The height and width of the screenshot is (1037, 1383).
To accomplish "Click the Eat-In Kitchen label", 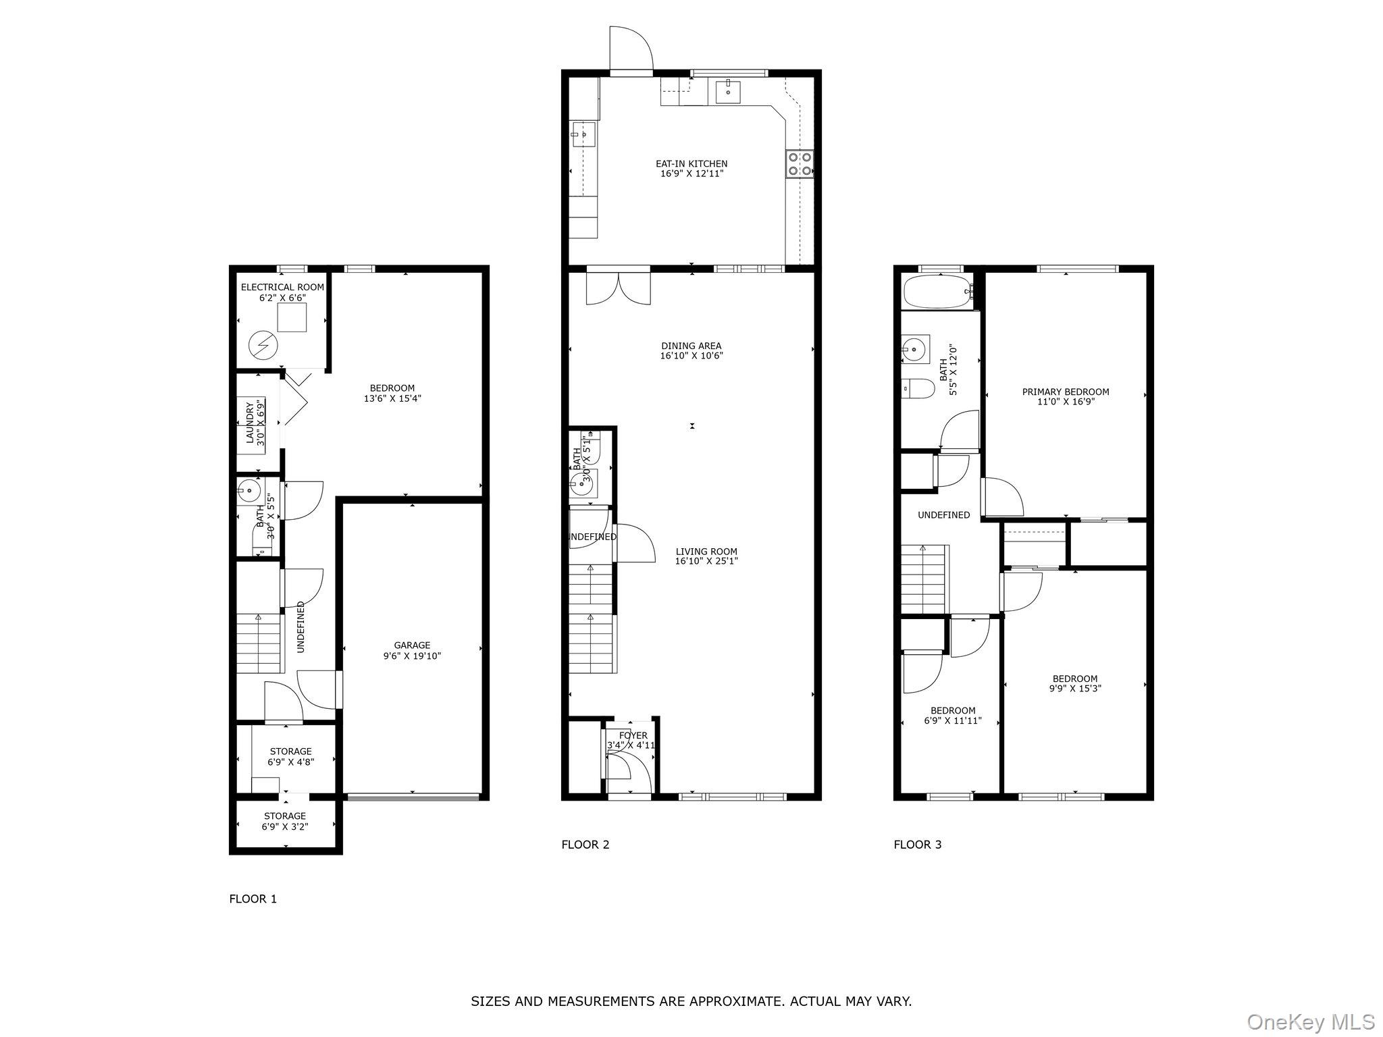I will coord(691,163).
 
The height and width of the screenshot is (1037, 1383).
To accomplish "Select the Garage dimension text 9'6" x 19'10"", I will coord(412,656).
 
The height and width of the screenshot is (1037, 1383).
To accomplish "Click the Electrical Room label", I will coord(282,287).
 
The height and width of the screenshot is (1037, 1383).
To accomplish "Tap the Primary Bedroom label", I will coord(1065,392).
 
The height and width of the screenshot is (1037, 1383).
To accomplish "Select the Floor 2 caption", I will coord(585,844).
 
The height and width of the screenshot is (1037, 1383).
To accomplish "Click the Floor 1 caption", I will coord(253,899).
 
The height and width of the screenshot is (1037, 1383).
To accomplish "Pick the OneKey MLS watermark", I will coord(1310,1021).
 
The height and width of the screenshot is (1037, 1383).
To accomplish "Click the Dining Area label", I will coord(691,346).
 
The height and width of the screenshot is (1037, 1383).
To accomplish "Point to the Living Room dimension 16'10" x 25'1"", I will coord(706,561).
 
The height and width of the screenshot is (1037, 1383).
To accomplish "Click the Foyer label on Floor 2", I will coord(633,735).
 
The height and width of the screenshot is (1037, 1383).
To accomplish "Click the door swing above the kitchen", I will coord(631,49).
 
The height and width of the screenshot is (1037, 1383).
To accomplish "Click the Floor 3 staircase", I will coord(924,579).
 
